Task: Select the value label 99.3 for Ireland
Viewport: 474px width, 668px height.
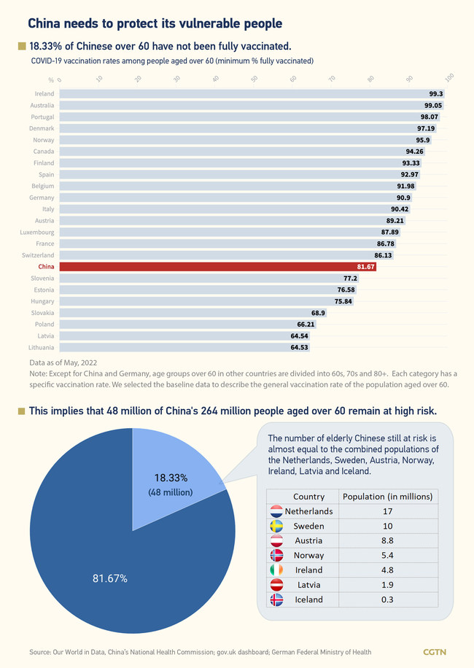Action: click(436, 94)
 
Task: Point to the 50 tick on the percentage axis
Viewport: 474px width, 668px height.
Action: click(254, 79)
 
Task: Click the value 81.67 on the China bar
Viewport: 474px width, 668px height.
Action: click(365, 267)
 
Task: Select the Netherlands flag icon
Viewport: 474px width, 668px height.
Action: click(276, 511)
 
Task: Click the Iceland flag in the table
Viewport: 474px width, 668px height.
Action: click(276, 599)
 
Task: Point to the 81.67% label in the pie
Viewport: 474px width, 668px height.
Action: click(109, 578)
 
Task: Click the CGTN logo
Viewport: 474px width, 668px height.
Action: click(435, 651)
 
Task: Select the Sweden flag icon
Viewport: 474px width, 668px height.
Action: click(276, 526)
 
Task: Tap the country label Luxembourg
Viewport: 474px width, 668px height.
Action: click(36, 232)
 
